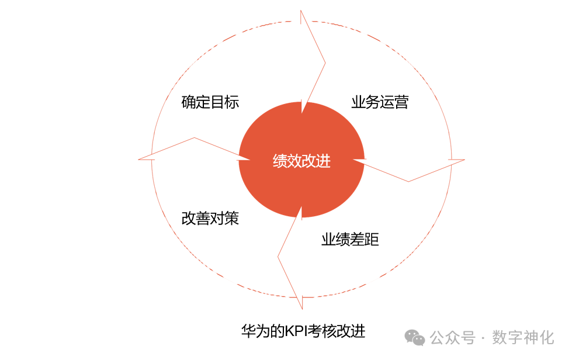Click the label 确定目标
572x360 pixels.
210,102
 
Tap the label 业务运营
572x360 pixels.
380,102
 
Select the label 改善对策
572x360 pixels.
210,219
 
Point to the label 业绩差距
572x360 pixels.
350,240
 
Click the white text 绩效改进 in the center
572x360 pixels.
301,161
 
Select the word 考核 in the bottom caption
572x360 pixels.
323,331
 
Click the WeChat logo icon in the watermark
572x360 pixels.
416,337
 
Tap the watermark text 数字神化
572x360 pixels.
523,337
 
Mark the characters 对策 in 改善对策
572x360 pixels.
225,219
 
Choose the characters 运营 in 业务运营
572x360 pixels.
394,102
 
